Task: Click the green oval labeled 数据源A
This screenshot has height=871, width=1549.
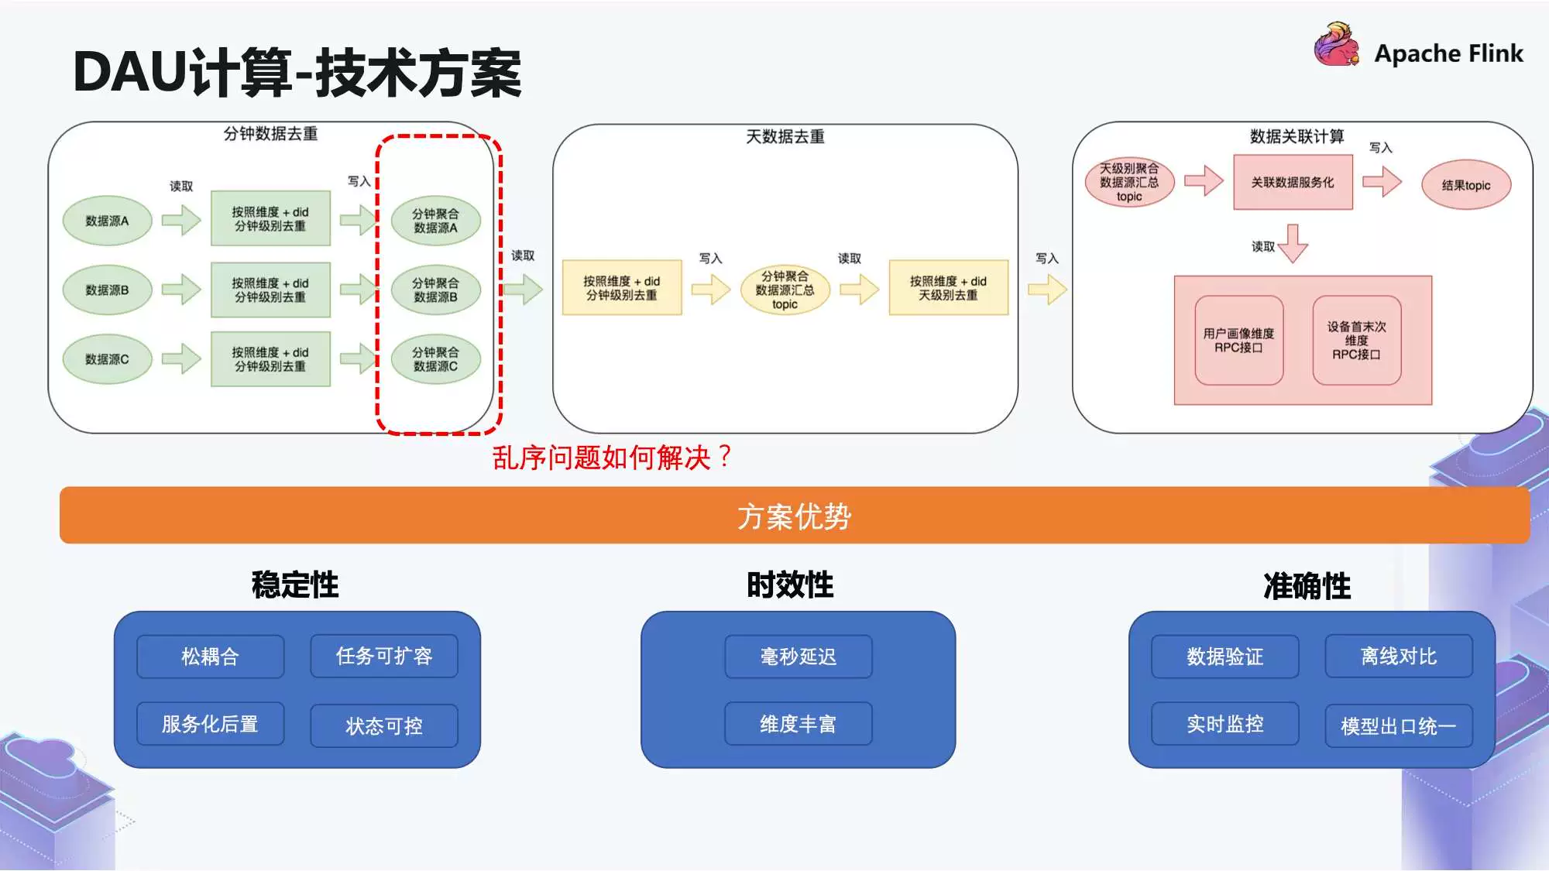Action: coord(107,221)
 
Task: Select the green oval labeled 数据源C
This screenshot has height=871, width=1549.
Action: coord(107,359)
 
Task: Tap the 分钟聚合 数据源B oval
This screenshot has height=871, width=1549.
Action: coord(435,290)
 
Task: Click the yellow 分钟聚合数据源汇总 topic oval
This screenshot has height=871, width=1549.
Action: coord(785,290)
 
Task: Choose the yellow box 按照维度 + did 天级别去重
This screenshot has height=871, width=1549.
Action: coord(948,288)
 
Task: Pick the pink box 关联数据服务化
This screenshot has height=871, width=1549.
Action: coord(1293,183)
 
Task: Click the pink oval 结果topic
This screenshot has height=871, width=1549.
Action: coord(1465,185)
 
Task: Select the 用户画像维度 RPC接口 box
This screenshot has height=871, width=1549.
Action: coord(1238,341)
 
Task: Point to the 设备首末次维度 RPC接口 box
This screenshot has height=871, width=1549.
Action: coord(1356,341)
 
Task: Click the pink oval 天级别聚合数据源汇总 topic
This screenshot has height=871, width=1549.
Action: coord(1129,183)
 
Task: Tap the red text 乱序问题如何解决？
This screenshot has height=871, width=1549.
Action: coord(612,458)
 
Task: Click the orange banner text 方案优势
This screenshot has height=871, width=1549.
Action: coord(794,516)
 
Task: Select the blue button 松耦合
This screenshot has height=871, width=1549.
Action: coord(210,657)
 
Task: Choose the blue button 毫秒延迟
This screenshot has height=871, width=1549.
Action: coord(798,657)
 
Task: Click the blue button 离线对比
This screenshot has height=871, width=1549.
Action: coord(1398,657)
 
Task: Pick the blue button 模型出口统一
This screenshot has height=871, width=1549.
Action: coord(1398,725)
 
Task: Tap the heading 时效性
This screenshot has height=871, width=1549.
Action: coord(790,585)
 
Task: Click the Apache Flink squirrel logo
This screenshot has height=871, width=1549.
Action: coord(1336,46)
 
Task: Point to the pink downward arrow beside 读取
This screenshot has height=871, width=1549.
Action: coord(1293,244)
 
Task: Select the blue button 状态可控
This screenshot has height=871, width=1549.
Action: coord(383,725)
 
